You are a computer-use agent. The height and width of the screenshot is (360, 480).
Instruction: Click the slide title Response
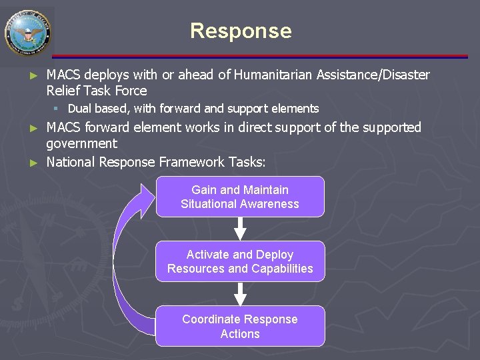(241, 31)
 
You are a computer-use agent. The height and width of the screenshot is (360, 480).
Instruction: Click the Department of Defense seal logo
(27, 31)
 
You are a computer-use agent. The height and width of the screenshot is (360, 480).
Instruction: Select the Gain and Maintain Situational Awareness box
(240, 197)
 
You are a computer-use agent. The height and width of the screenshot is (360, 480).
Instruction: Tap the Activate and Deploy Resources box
(240, 261)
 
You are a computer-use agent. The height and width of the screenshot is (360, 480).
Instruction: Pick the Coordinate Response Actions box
(240, 326)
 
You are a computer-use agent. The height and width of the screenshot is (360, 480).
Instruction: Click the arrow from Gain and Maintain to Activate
(240, 229)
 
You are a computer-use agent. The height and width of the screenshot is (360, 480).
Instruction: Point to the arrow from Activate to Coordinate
(240, 293)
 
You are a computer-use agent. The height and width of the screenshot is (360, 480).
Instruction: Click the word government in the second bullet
(81, 143)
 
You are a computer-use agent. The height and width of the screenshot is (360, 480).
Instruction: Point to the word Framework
(193, 161)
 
